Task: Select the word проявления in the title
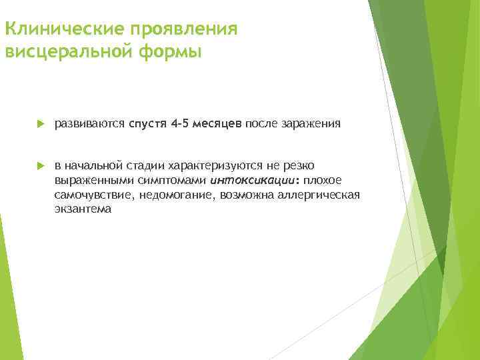(188, 30)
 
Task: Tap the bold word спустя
(148, 123)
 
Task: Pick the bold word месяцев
(218, 123)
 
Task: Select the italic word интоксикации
(243, 179)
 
